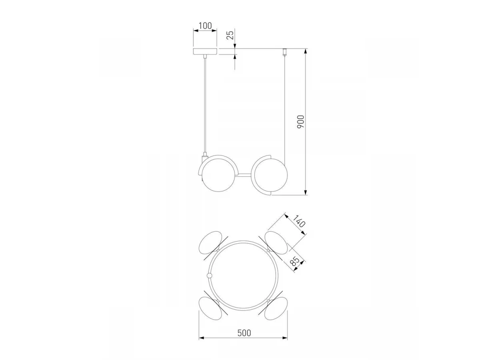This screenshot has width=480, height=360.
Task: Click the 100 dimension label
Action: (205, 26)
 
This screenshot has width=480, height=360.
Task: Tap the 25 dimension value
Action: (230, 35)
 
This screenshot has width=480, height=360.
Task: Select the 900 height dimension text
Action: (301, 122)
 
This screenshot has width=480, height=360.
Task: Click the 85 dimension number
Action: (295, 262)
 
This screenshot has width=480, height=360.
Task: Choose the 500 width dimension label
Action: (244, 333)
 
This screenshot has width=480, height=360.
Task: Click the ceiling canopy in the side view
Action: (205, 52)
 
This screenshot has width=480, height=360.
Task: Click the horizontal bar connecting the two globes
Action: (244, 175)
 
